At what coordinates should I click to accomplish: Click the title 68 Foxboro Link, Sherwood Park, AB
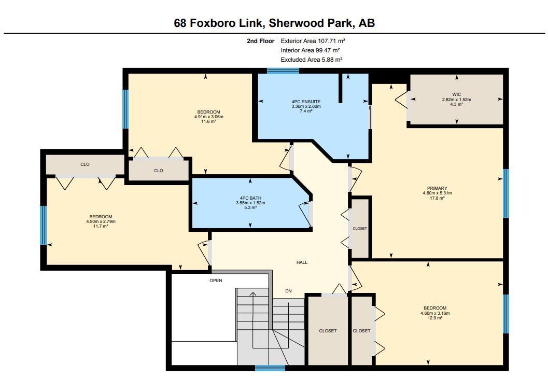[x=274, y=23]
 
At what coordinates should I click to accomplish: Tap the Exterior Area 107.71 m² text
[x=313, y=40]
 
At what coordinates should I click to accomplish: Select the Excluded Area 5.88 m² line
[x=311, y=60]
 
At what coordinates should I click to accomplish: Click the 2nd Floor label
[x=260, y=40]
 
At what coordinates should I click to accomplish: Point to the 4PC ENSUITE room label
[x=306, y=102]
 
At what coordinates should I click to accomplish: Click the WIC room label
[x=456, y=94]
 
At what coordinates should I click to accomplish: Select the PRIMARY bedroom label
[x=437, y=188]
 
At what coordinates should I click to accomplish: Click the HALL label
[x=302, y=262]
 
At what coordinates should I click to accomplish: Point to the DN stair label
[x=288, y=291]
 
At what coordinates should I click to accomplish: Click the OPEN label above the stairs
[x=216, y=281]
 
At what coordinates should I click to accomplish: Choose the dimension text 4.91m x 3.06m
[x=208, y=117]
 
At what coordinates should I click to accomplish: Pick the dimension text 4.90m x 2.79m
[x=101, y=221]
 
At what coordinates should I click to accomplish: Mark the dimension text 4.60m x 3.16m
[x=434, y=313]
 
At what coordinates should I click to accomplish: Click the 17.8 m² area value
[x=437, y=198]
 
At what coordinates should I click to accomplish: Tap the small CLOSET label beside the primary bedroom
[x=360, y=228]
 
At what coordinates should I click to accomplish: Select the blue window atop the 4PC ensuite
[x=283, y=71]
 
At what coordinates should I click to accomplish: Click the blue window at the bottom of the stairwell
[x=270, y=368]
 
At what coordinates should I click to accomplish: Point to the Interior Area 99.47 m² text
[x=310, y=50]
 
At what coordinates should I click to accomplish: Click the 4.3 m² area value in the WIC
[x=456, y=105]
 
